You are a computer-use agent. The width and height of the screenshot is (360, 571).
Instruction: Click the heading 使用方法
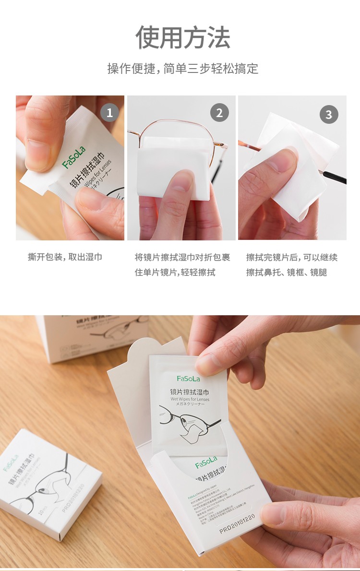tap(183, 37)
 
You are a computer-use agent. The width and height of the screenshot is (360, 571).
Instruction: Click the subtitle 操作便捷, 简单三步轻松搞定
tap(182, 69)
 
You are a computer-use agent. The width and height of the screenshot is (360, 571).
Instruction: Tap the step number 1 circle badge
tap(109, 113)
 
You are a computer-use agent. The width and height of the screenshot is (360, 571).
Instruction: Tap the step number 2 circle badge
tap(219, 113)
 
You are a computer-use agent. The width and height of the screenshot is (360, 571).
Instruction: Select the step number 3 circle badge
tap(329, 115)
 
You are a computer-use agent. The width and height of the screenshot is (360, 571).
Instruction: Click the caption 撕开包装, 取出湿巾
tap(65, 257)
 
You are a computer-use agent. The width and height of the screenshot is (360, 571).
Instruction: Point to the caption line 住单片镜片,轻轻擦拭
tap(175, 273)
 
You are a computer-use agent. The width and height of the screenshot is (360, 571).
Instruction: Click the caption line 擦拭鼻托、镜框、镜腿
tap(287, 273)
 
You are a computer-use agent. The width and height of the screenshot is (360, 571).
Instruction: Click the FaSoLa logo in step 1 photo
tap(73, 157)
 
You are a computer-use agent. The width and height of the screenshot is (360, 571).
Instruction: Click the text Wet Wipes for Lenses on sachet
tap(190, 399)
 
